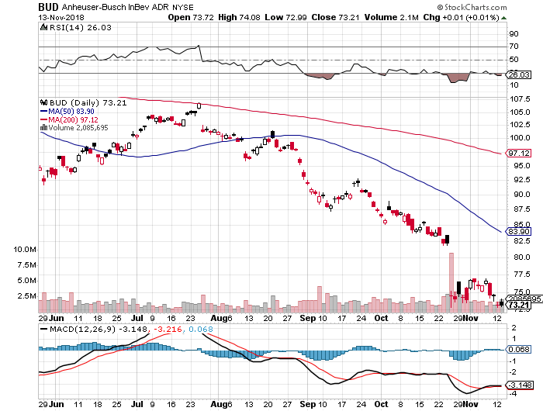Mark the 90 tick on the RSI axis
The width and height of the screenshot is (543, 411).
click(x=513, y=34)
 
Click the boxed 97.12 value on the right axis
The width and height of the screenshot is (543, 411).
click(x=517, y=154)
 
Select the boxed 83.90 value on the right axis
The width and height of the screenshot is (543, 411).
click(x=517, y=231)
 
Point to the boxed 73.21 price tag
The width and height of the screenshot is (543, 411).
click(x=517, y=306)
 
